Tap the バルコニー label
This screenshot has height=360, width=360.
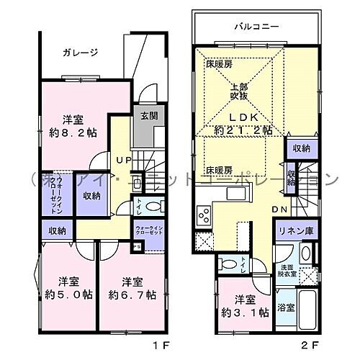(x=255, y=27)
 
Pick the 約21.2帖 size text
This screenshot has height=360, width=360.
(x=243, y=130)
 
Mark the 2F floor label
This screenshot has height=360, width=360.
(x=312, y=345)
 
